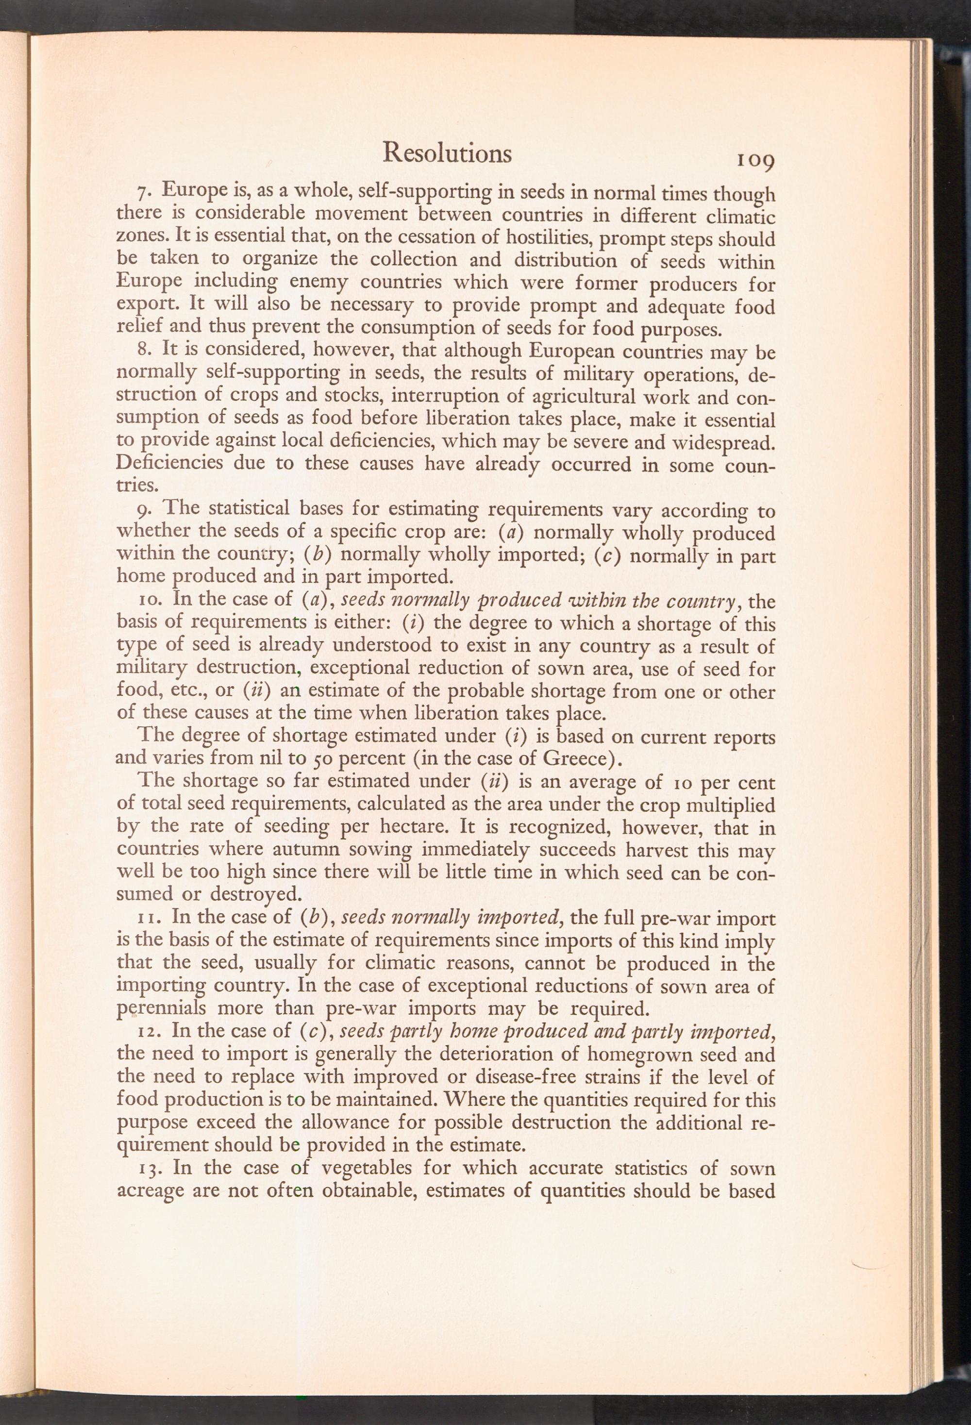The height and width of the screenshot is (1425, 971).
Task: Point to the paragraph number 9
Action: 144,510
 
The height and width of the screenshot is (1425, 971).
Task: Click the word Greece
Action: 578,758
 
